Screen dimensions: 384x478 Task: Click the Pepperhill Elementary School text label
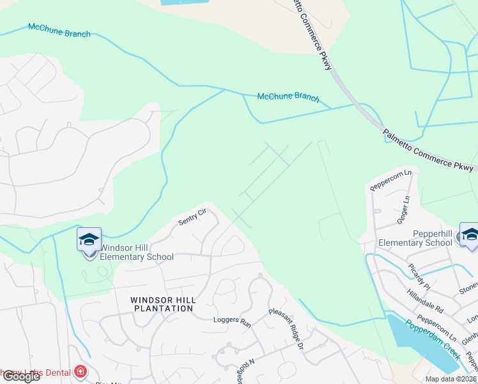tap(415, 238)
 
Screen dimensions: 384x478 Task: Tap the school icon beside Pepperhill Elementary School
tap(470, 236)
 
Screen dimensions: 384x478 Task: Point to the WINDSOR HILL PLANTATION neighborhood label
tap(162, 303)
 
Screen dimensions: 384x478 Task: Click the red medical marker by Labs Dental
tap(81, 372)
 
